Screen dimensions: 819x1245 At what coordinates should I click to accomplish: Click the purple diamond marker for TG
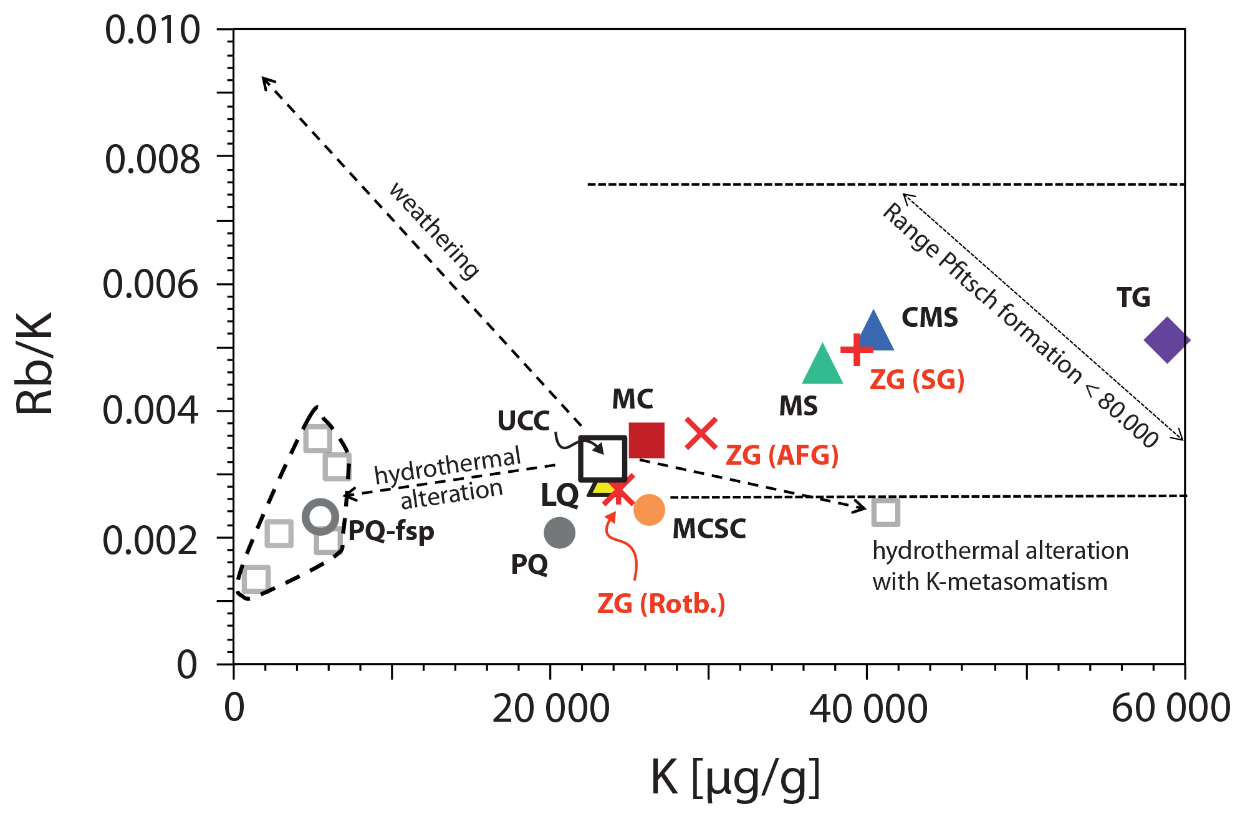(1166, 340)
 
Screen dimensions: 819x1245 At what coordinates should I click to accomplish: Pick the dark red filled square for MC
(647, 440)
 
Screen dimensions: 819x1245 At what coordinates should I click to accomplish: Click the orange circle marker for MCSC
(649, 510)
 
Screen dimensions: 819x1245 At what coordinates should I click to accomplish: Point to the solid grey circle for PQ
(559, 533)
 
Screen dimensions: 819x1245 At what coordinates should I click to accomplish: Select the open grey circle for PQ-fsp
(320, 516)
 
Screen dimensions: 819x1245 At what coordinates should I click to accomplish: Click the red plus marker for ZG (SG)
(857, 350)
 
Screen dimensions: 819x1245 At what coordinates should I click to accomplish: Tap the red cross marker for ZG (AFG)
(701, 434)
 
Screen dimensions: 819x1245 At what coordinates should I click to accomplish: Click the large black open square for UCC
(602, 458)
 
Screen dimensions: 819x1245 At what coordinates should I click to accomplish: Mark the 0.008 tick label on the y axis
(152, 159)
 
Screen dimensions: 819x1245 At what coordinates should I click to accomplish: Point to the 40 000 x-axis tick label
(868, 709)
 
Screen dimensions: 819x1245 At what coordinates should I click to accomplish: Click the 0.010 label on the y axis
(152, 30)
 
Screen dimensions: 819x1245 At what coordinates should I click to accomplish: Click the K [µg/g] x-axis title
(735, 777)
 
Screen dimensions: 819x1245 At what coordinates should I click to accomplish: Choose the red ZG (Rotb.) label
(661, 604)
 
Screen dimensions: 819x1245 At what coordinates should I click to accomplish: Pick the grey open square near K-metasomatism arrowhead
(885, 512)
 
